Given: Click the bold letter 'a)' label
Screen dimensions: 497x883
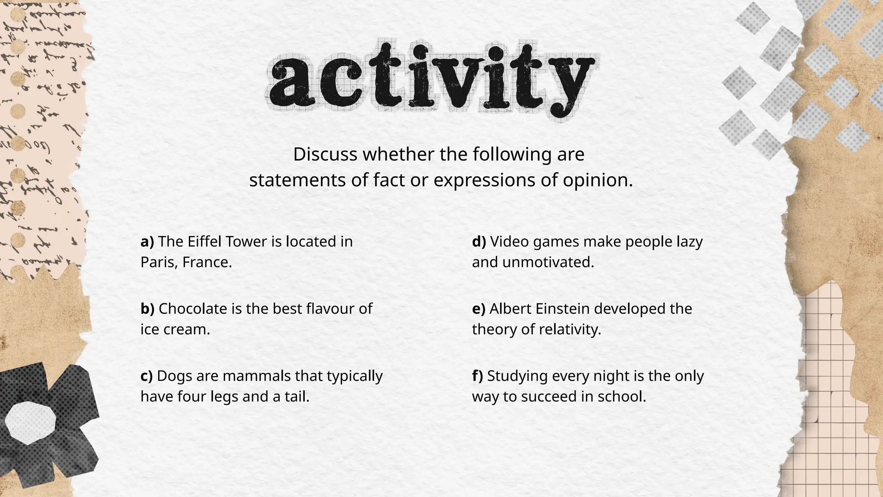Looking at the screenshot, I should pyautogui.click(x=147, y=242).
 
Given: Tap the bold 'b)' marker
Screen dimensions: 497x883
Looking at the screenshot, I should pyautogui.click(x=147, y=309).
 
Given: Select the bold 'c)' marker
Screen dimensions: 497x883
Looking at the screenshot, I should pyautogui.click(x=147, y=376).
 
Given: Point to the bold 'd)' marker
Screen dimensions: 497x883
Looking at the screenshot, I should pyautogui.click(x=479, y=242).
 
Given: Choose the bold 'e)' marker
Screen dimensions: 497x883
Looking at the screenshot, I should pyautogui.click(x=479, y=309).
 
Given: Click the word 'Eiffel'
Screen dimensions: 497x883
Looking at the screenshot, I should pyautogui.click(x=204, y=242).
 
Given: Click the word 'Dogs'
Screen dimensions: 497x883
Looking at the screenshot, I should pyautogui.click(x=175, y=376).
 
